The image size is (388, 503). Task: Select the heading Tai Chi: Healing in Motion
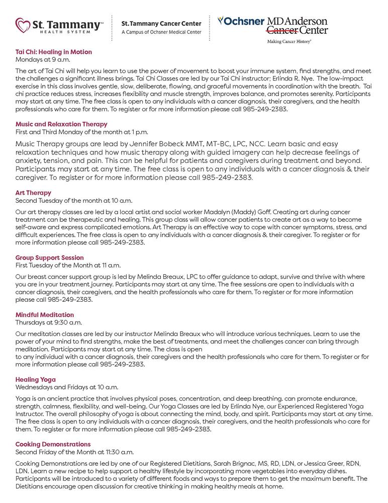[54, 52]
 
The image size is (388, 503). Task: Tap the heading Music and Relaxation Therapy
[61, 124]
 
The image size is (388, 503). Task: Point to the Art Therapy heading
[33, 193]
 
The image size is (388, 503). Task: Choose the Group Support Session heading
[50, 258]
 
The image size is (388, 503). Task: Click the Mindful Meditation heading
[45, 315]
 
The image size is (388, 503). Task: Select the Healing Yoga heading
[36, 379]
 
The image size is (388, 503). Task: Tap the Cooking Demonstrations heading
[53, 445]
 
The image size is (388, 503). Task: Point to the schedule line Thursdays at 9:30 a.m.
[49, 322]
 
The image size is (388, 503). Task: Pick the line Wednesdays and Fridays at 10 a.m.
[67, 387]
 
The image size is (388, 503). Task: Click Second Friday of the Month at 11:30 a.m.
[74, 452]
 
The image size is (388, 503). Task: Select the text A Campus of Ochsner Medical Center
[161, 32]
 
